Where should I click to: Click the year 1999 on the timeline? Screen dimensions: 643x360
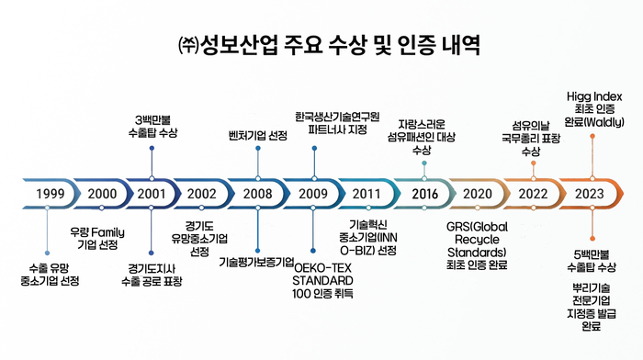(50, 194)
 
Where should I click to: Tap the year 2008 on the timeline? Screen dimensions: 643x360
(257, 194)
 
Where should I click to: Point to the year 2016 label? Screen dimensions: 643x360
(424, 194)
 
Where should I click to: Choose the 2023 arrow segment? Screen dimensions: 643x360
(592, 194)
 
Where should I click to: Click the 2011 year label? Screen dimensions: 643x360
(367, 194)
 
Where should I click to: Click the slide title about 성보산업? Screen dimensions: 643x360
(329, 45)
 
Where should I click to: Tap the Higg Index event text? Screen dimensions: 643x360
(594, 109)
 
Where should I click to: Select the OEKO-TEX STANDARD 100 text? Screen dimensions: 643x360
(322, 281)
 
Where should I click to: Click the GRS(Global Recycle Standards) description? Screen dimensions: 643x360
(477, 245)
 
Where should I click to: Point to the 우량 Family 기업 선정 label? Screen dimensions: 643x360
(97, 239)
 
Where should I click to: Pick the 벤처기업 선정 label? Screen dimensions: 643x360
(258, 135)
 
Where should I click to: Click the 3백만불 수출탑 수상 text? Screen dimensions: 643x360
(152, 127)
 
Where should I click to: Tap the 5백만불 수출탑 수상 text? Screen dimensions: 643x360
(592, 261)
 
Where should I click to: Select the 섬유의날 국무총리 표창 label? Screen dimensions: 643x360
(531, 138)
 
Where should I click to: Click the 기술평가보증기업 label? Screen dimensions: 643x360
(256, 262)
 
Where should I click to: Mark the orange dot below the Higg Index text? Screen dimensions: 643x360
(592, 136)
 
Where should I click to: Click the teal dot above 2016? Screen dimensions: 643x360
(424, 163)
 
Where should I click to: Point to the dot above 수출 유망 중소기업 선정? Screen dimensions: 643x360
(47, 253)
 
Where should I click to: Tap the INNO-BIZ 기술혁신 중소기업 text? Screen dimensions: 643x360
(367, 238)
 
